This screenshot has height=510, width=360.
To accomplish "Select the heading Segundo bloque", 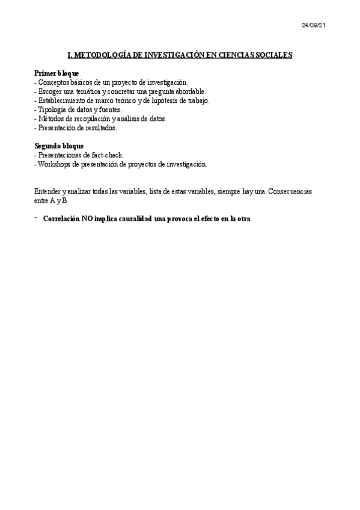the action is point(59,146).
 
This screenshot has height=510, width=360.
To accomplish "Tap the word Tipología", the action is point(52,109).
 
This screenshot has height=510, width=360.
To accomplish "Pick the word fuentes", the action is point(109,109).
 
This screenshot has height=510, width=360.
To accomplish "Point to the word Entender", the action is point(47,191).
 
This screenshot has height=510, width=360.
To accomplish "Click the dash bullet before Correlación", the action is point(36,218).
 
